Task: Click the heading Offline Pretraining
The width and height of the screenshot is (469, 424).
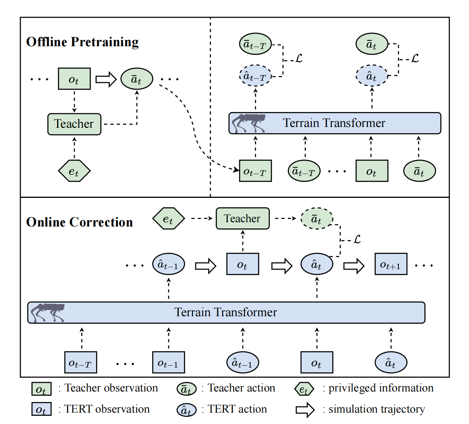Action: click(x=82, y=42)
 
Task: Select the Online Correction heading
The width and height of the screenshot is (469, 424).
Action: click(x=80, y=222)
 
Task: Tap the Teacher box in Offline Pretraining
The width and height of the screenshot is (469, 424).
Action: click(x=74, y=124)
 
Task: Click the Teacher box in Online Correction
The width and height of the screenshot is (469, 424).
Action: click(x=242, y=218)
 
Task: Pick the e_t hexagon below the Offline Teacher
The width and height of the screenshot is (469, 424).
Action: click(x=74, y=171)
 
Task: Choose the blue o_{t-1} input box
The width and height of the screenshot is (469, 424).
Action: click(x=168, y=362)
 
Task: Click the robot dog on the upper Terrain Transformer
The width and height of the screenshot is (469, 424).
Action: click(x=248, y=123)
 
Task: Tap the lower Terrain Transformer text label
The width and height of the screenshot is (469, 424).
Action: click(x=225, y=312)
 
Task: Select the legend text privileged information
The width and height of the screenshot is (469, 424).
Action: click(x=381, y=388)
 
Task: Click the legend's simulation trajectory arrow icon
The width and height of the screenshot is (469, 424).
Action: click(x=305, y=410)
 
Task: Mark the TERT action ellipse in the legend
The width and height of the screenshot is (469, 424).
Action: click(x=186, y=410)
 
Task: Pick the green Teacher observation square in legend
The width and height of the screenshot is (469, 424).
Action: click(x=41, y=389)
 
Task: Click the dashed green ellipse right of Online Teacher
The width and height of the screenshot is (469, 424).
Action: click(x=316, y=219)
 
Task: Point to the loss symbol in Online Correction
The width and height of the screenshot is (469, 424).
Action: click(x=357, y=239)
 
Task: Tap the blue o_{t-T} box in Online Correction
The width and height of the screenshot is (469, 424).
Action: click(x=80, y=362)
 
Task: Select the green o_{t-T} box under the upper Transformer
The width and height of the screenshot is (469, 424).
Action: click(x=255, y=171)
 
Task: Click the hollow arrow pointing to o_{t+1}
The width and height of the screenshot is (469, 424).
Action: click(x=354, y=266)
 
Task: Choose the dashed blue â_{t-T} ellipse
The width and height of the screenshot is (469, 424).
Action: click(x=255, y=76)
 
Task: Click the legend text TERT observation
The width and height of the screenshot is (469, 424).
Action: click(x=107, y=409)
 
